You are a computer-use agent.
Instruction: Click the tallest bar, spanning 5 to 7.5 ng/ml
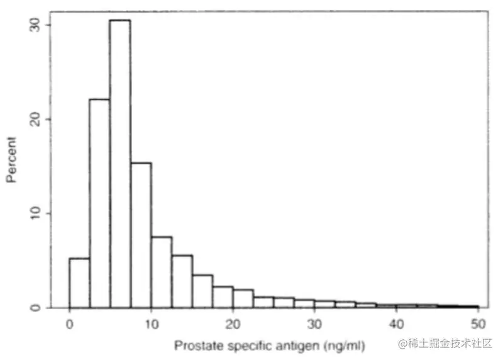pos(120,164)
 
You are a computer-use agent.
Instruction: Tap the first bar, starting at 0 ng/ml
pos(79,283)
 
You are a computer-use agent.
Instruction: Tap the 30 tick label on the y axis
pos(36,25)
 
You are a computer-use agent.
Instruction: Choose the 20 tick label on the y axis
pos(36,119)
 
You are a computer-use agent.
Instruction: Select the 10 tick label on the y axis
pos(36,213)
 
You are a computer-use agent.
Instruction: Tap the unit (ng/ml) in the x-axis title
pos(345,346)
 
